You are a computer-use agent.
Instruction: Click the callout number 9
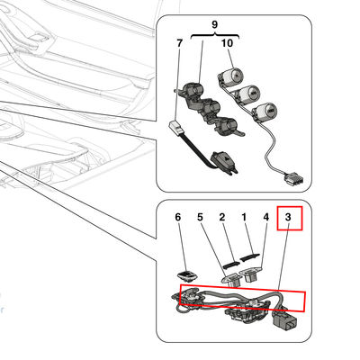tap(214, 24)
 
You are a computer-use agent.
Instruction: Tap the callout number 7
tap(179, 43)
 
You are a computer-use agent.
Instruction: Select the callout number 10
tap(227, 43)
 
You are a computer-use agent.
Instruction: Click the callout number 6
tap(178, 217)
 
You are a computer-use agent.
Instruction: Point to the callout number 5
tap(200, 217)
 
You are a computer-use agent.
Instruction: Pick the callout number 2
tap(222, 217)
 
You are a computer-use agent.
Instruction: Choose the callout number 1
tap(244, 217)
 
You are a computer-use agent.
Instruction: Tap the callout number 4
tap(266, 217)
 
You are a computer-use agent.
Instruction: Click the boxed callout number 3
tap(288, 217)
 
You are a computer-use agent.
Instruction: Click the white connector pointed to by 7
tap(176, 127)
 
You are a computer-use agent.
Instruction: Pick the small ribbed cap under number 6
tap(186, 276)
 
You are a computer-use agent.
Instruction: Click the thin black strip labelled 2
tap(231, 265)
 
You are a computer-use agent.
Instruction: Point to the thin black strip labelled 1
tap(249, 256)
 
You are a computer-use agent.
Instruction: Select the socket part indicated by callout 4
tap(249, 275)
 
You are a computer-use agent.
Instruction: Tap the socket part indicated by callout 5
tap(231, 280)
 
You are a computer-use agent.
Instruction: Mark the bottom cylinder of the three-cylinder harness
tap(264, 111)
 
